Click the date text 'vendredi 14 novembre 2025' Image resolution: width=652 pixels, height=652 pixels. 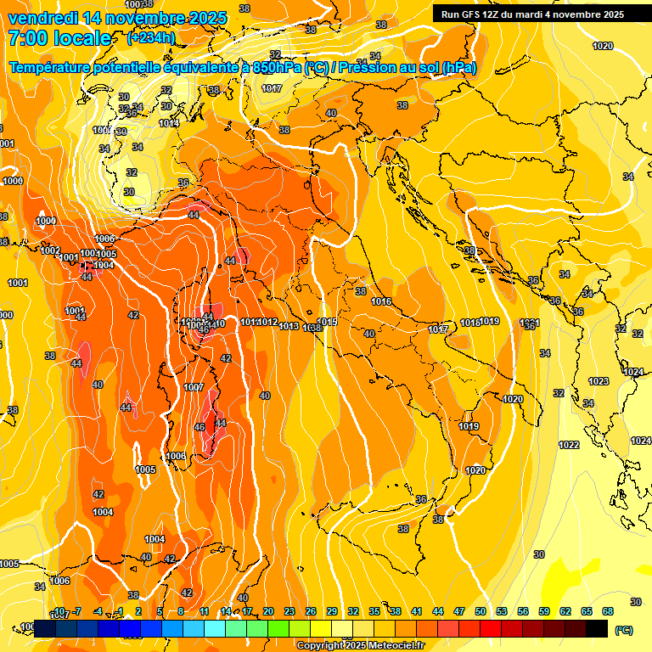(118, 18)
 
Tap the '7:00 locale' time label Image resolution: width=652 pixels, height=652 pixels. (59, 38)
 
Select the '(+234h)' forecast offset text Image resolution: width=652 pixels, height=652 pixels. (150, 37)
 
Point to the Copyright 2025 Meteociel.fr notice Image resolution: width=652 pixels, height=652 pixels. (360, 645)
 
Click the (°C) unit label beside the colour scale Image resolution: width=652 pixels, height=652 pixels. (623, 630)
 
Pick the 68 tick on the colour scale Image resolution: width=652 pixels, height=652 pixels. (608, 611)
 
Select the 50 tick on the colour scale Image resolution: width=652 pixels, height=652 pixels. (481, 611)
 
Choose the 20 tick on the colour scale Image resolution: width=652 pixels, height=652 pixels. (268, 611)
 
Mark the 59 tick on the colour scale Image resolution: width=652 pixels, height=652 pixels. (544, 611)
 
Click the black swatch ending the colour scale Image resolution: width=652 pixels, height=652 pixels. (597, 628)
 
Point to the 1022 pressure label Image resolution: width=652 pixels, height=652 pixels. (569, 446)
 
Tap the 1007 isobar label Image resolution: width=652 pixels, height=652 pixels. (194, 387)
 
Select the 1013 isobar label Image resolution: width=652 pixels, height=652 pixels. (289, 326)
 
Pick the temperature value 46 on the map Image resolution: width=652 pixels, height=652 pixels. (200, 427)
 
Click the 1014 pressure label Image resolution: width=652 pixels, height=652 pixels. (169, 123)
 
